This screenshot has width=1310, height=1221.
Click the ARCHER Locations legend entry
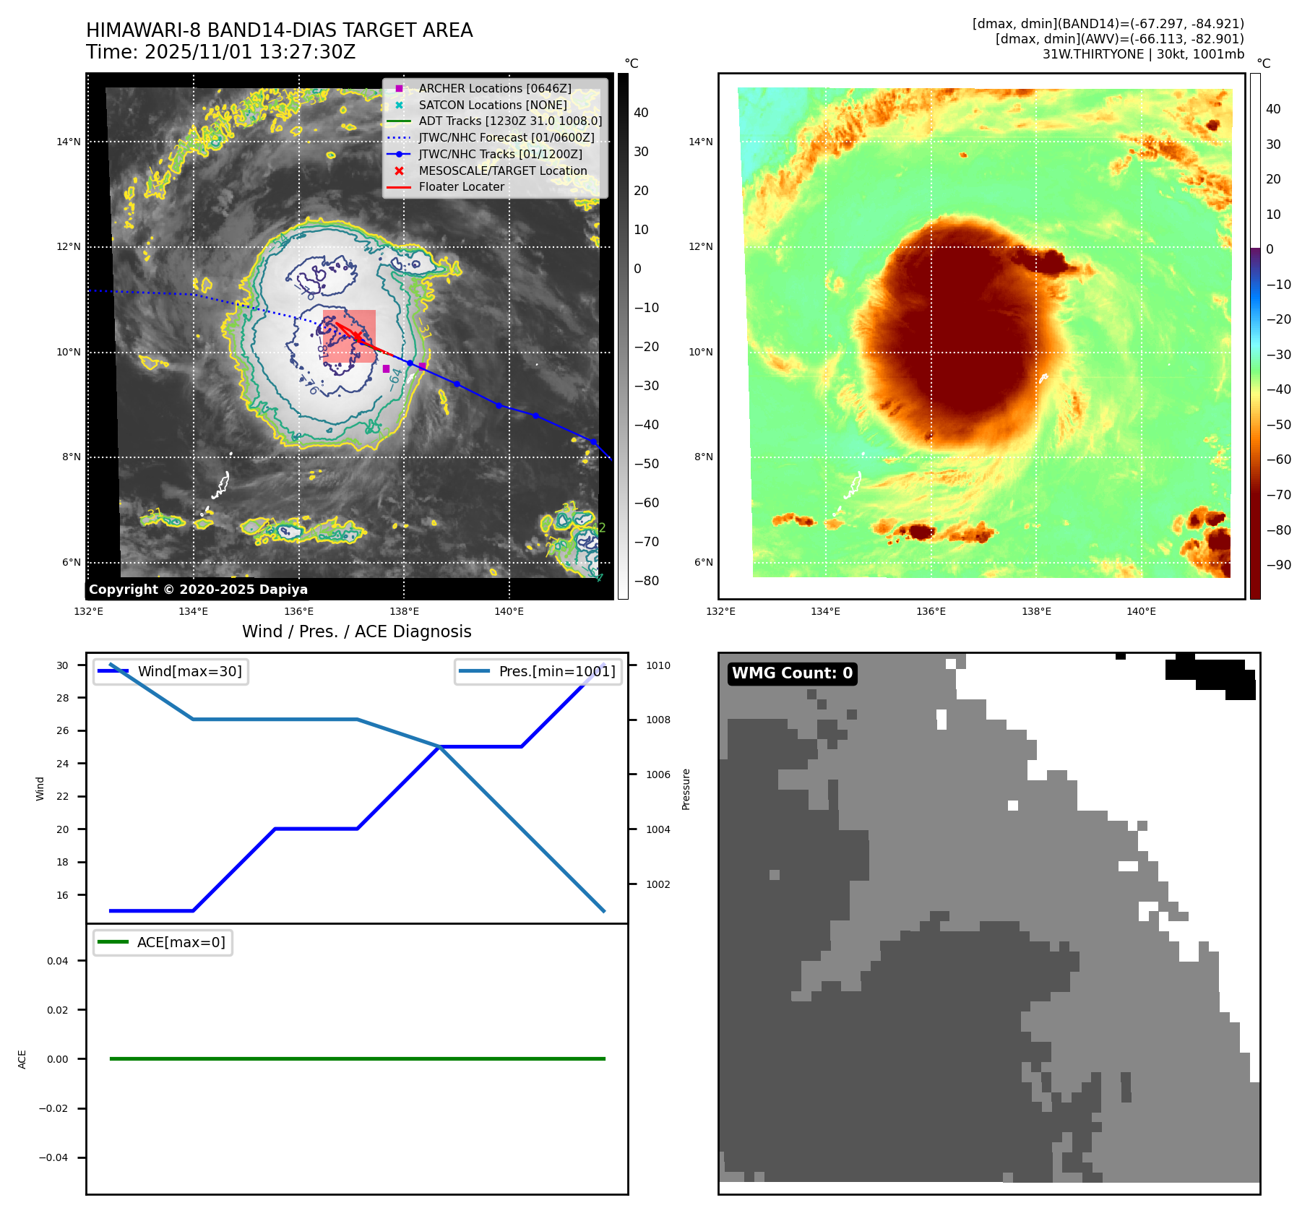pyautogui.click(x=494, y=88)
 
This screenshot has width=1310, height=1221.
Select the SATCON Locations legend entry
pyautogui.click(x=492, y=105)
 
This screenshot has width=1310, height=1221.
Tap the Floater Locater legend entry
pyautogui.click(x=461, y=186)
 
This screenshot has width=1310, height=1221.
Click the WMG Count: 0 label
pyautogui.click(x=792, y=673)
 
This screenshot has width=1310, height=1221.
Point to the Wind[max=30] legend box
pyautogui.click(x=171, y=671)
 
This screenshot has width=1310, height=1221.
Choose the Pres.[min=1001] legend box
pyautogui.click(x=538, y=671)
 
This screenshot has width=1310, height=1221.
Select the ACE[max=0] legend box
pyautogui.click(x=163, y=942)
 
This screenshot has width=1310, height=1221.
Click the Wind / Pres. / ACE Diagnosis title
pyautogui.click(x=356, y=631)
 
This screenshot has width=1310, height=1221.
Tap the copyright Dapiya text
pyautogui.click(x=198, y=590)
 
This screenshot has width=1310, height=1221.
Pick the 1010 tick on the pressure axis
pyautogui.click(x=658, y=665)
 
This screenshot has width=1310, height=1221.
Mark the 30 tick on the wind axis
pyautogui.click(x=63, y=665)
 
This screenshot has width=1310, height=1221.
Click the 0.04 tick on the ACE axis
pyautogui.click(x=58, y=961)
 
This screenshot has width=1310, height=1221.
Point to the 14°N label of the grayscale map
pyautogui.click(x=69, y=142)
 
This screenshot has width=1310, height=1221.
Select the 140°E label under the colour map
pyautogui.click(x=1141, y=611)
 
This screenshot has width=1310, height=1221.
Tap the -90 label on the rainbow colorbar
pyautogui.click(x=1278, y=565)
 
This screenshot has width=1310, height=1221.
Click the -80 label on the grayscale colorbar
pyautogui.click(x=646, y=581)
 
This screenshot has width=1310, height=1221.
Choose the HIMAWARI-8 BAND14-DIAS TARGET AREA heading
pyautogui.click(x=279, y=30)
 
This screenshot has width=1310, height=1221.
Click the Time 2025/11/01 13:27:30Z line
pyautogui.click(x=220, y=52)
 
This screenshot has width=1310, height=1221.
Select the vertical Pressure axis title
pyautogui.click(x=686, y=789)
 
